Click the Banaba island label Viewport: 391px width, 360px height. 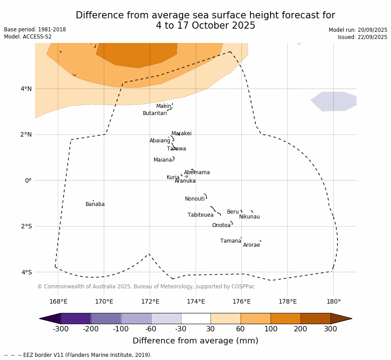(95, 204)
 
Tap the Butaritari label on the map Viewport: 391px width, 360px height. (155, 113)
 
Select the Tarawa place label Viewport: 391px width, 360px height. (176, 149)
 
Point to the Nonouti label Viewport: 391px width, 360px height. (195, 199)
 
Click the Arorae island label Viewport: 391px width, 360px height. (251, 245)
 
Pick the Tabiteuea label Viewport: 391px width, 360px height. (201, 215)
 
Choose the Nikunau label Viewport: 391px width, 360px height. (249, 217)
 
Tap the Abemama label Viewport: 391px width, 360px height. (197, 172)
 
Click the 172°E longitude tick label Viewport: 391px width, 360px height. (150, 301)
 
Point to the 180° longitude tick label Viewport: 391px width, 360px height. (333, 301)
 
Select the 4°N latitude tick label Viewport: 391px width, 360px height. (26, 89)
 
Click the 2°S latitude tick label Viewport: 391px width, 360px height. (26, 226)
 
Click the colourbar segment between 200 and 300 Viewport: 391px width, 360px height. (315, 318)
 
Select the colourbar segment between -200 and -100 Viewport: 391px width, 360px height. (106, 318)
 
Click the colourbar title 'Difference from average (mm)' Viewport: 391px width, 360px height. (195, 341)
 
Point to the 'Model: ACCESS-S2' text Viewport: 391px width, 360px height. (28, 37)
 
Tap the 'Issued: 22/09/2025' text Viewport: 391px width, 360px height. (362, 37)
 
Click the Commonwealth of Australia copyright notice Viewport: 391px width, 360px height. (146, 287)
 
